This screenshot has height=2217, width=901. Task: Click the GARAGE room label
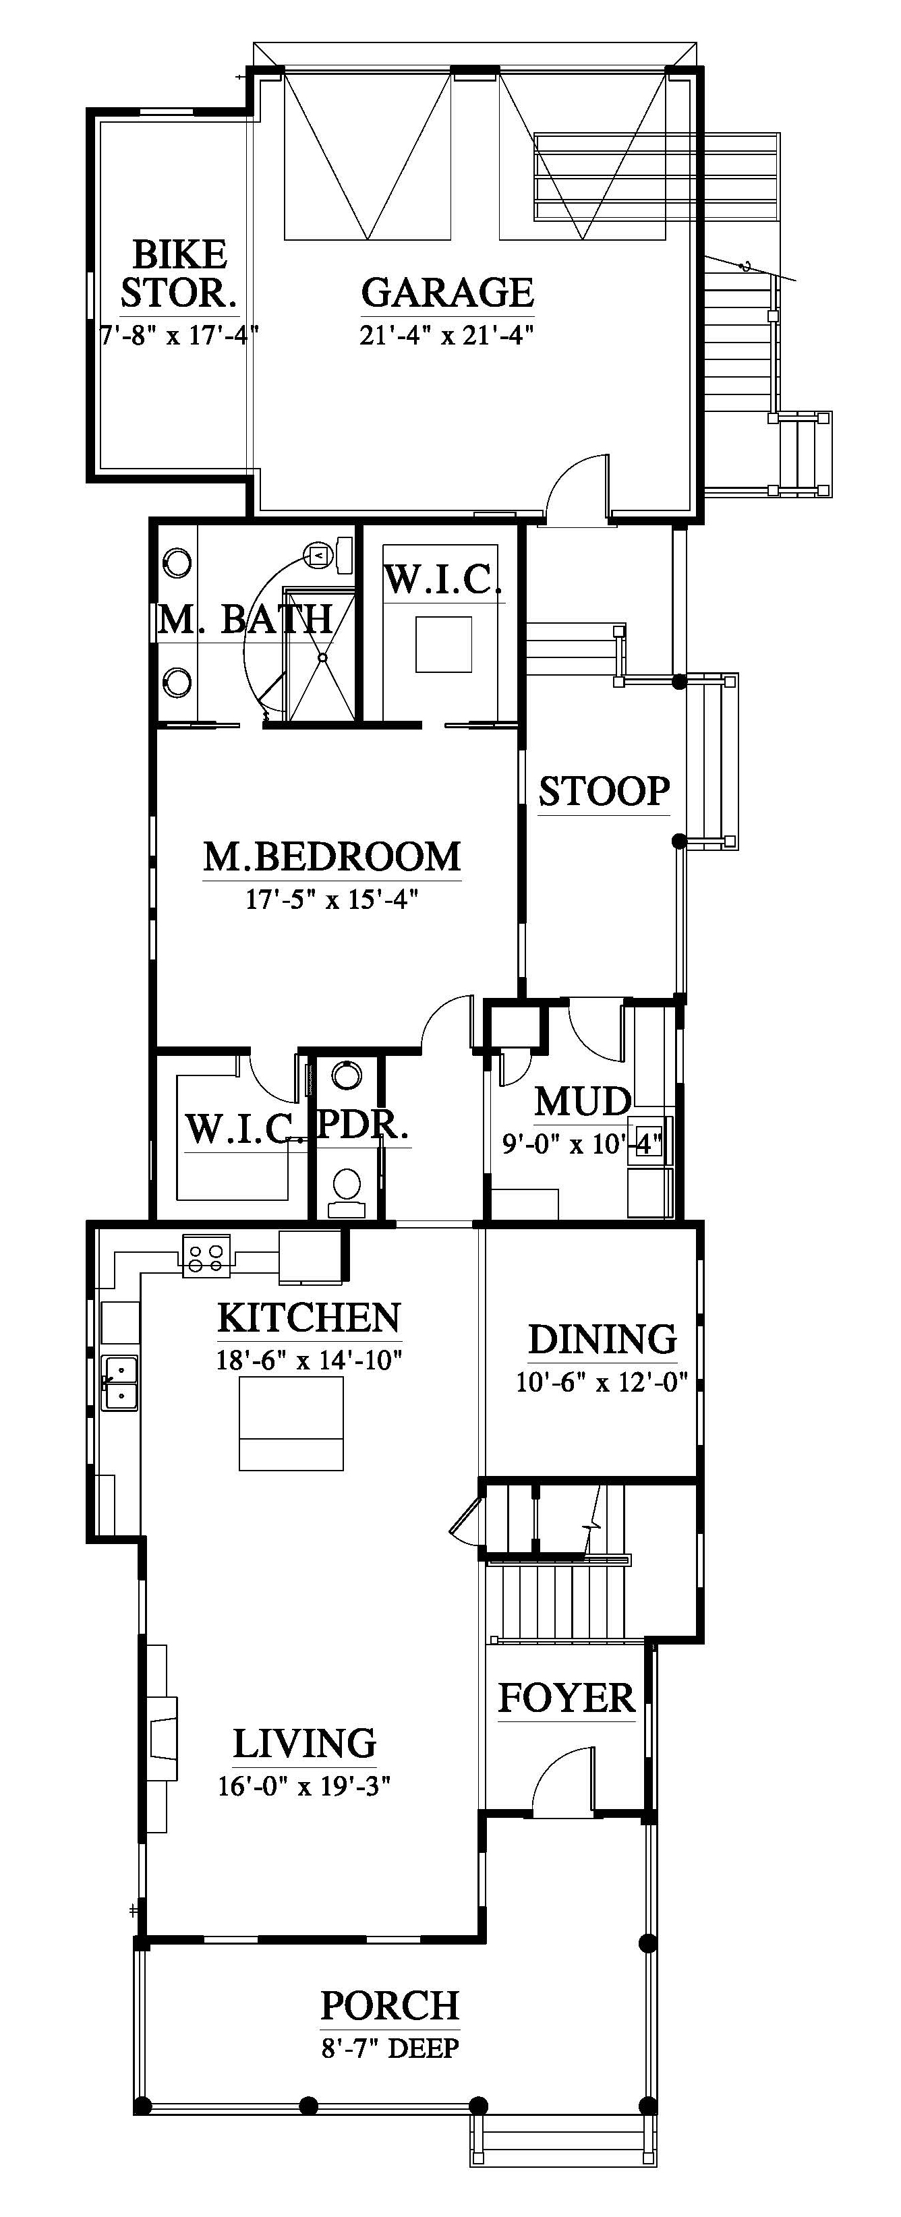(x=448, y=293)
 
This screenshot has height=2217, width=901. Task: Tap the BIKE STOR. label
(x=179, y=274)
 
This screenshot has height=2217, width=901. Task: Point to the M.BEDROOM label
(x=332, y=856)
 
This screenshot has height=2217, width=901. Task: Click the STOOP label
(x=604, y=791)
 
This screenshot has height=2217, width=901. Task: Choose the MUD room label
(x=583, y=1102)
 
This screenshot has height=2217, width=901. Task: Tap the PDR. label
(x=362, y=1125)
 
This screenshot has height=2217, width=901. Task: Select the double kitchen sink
(x=119, y=1382)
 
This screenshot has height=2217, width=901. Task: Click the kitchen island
(x=291, y=1423)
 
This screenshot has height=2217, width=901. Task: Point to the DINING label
(x=602, y=1339)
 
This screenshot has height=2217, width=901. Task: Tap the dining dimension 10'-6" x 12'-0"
(x=602, y=1382)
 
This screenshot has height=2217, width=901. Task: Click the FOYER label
(x=566, y=1698)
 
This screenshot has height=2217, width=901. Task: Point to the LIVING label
(x=305, y=1743)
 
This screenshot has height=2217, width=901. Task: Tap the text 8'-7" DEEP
(x=390, y=2048)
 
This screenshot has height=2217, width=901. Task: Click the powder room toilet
(x=347, y=1192)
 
